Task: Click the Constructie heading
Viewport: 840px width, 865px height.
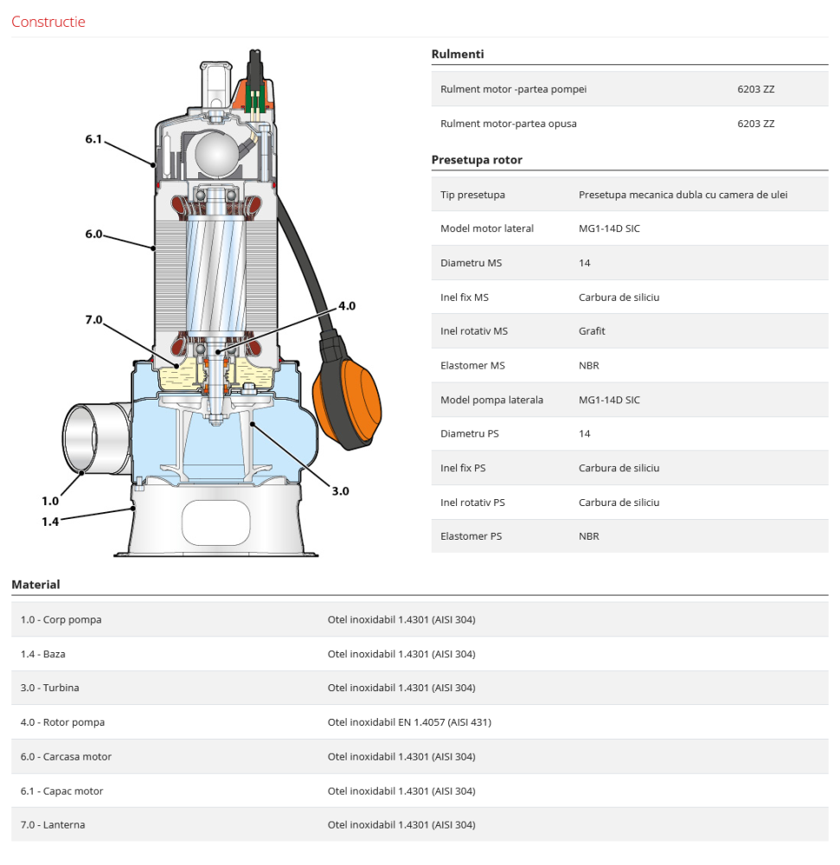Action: pyautogui.click(x=48, y=22)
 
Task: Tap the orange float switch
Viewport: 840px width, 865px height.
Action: pyautogui.click(x=351, y=402)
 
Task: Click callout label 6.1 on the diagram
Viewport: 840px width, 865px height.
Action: pyautogui.click(x=93, y=138)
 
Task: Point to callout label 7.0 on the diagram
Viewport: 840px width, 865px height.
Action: pyautogui.click(x=93, y=320)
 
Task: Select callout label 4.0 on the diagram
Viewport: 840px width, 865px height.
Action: pyautogui.click(x=347, y=306)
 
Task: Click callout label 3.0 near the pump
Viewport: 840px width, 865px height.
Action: pyautogui.click(x=340, y=491)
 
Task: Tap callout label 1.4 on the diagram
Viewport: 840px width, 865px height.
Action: pyautogui.click(x=50, y=521)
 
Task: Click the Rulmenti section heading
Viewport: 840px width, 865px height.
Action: pyautogui.click(x=457, y=54)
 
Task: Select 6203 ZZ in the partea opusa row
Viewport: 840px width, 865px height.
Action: pyautogui.click(x=755, y=124)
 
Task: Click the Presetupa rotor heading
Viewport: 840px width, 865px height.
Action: pyautogui.click(x=477, y=160)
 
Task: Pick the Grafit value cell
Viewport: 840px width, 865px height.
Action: pyautogui.click(x=592, y=331)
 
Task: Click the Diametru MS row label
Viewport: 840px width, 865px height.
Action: pyautogui.click(x=472, y=263)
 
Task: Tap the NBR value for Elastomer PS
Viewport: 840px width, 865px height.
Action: pyautogui.click(x=588, y=536)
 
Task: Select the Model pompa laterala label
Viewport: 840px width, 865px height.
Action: pyautogui.click(x=491, y=400)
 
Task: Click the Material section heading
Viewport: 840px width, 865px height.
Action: pyautogui.click(x=35, y=585)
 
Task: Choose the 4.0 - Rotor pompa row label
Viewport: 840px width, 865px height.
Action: pyautogui.click(x=62, y=722)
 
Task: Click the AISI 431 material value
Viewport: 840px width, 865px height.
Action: pyautogui.click(x=409, y=722)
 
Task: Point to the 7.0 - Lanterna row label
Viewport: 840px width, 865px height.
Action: pyautogui.click(x=53, y=825)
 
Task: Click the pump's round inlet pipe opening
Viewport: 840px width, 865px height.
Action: pyautogui.click(x=81, y=437)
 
